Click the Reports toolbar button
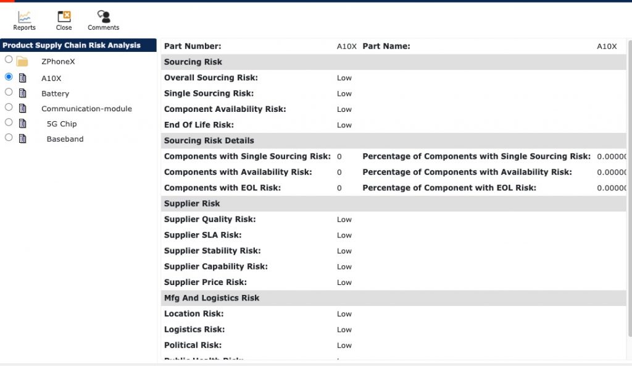coord(24,20)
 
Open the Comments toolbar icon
coord(103,20)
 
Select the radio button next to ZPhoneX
coord(9,60)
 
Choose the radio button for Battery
coord(9,92)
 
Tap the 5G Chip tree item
coord(62,124)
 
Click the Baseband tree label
coord(65,139)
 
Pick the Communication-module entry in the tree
coord(86,109)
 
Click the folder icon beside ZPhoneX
coord(22,61)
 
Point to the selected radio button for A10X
coord(9,77)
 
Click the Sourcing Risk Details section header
coord(209,140)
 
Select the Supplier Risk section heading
coord(192,203)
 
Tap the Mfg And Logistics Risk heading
coord(212,298)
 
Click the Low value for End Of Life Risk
coord(344,125)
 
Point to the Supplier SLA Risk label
coord(202,235)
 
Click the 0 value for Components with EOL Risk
coord(339,188)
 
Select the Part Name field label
coord(386,46)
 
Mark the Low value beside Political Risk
coord(344,346)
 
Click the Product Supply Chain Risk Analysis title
coord(72,45)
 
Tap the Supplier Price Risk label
coord(205,282)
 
